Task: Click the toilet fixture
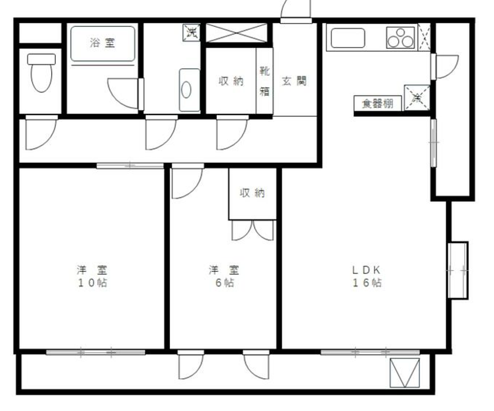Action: tap(41, 73)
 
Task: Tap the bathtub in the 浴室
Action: tap(103, 44)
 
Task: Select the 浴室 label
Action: tap(103, 43)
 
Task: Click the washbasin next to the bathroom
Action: tap(189, 90)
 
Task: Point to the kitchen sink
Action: tap(348, 38)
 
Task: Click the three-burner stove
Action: tap(400, 38)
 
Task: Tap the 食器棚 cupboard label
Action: tap(378, 103)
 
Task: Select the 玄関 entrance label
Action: tap(294, 81)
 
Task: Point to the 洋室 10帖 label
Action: tap(92, 276)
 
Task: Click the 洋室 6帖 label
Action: tap(224, 276)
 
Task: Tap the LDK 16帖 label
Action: tap(367, 276)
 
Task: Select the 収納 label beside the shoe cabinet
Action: tap(231, 81)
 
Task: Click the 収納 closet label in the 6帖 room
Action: tap(252, 193)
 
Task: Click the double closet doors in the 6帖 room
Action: tap(253, 230)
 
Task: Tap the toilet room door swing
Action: tap(41, 133)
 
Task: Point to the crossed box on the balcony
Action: tap(404, 372)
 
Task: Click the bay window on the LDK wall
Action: tap(458, 271)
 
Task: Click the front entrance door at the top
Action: tap(296, 11)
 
